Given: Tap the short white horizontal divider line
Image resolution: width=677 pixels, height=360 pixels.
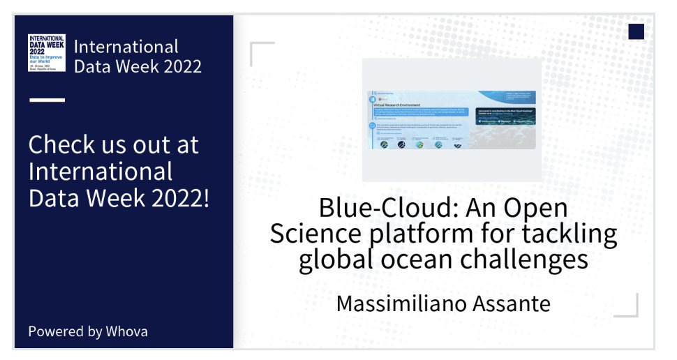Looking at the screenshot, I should click(47, 100).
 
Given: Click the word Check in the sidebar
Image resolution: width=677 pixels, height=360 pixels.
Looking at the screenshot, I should click(59, 145).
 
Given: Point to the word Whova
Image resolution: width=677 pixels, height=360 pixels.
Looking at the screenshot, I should click(126, 331).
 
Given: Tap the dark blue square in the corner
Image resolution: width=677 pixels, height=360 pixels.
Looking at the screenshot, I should click(636, 31).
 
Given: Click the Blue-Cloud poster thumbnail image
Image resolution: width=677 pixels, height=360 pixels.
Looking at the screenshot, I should click(452, 120).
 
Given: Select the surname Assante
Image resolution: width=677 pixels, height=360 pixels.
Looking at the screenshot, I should click(512, 304).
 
